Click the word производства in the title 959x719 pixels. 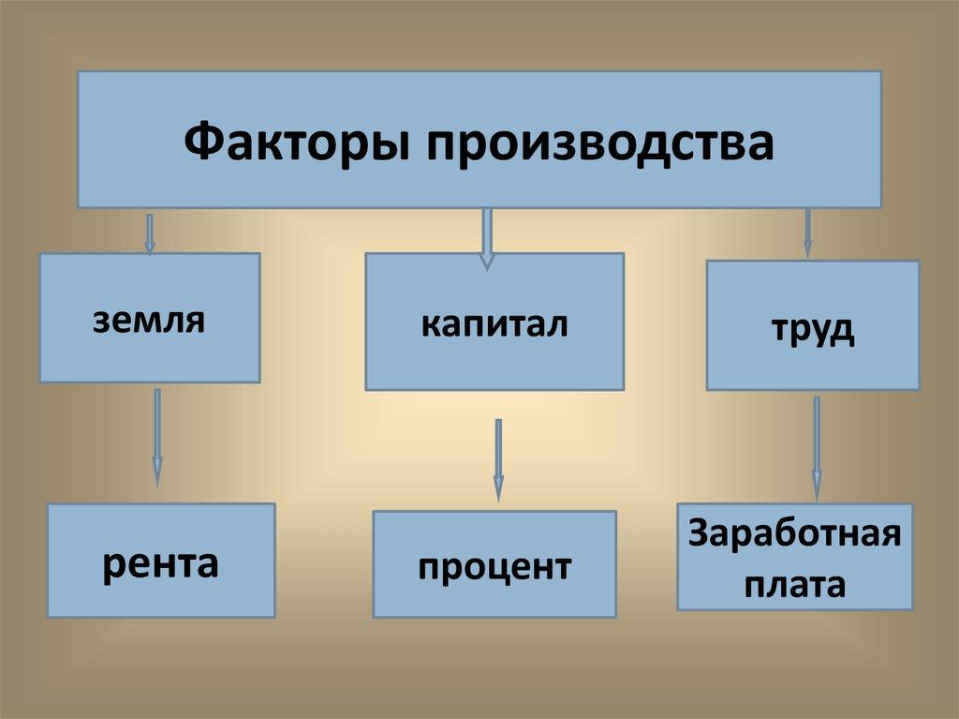click(x=601, y=142)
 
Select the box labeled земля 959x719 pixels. click(x=149, y=318)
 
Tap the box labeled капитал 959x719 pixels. click(x=494, y=322)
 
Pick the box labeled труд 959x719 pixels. click(x=812, y=325)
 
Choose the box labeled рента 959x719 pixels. click(x=161, y=561)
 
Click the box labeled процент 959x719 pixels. click(x=494, y=564)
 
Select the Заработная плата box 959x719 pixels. click(x=794, y=557)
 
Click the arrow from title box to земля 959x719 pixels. click(x=149, y=232)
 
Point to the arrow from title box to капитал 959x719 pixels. click(x=486, y=237)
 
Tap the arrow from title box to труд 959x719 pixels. click(x=807, y=232)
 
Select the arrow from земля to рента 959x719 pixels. click(x=156, y=436)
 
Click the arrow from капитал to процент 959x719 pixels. click(x=498, y=459)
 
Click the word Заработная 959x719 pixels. click(x=794, y=536)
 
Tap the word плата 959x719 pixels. click(x=794, y=585)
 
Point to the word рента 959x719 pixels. click(x=161, y=562)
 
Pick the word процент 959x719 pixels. click(x=494, y=567)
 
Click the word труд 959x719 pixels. click(x=812, y=331)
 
